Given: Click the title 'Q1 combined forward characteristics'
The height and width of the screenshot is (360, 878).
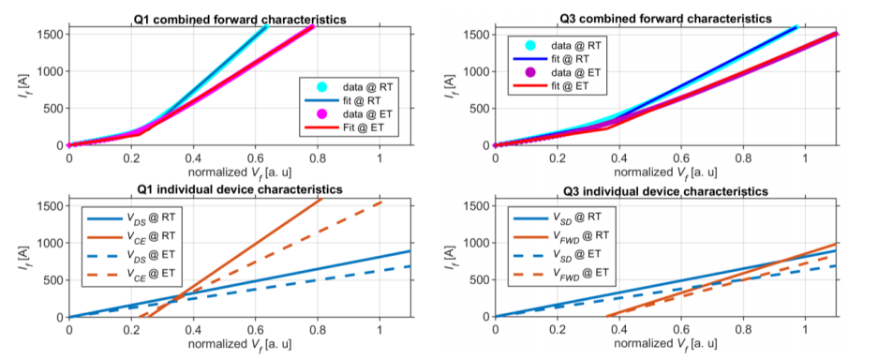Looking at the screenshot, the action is [x=241, y=19].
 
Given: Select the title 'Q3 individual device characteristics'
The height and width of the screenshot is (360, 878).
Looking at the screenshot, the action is [x=663, y=191].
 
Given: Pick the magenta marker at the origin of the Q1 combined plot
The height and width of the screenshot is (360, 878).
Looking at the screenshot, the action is [x=69, y=145].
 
